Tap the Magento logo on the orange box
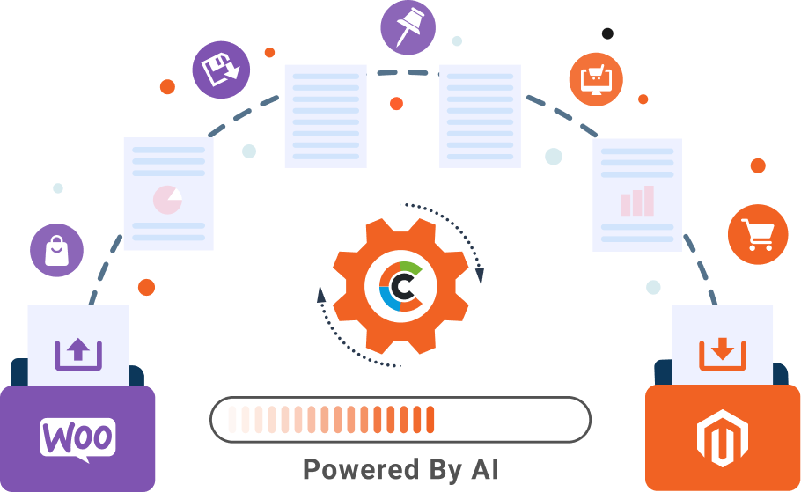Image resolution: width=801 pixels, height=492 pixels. click(723, 437)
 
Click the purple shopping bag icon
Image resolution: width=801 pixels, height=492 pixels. click(56, 250)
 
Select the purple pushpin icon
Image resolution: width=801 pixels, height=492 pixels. click(408, 27)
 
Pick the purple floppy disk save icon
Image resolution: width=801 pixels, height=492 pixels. click(221, 70)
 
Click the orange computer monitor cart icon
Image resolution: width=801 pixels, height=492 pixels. click(596, 80)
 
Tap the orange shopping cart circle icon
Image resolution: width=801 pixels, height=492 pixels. click(758, 234)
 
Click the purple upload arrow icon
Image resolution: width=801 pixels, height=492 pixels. click(78, 354)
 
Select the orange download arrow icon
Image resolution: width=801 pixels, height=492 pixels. click(723, 354)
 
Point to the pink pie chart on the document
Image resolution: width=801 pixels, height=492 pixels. click(167, 200)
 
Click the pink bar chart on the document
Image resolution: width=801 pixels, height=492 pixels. click(637, 201)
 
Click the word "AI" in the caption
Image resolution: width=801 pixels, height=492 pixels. click(484, 469)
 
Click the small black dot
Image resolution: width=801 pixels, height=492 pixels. click(607, 33)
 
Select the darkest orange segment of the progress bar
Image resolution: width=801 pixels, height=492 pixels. click(430, 420)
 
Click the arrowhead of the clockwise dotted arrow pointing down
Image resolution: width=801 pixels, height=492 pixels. click(479, 275)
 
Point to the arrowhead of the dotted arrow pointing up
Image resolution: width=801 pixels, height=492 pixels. click(320, 294)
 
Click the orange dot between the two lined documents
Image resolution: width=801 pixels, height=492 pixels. click(396, 104)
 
